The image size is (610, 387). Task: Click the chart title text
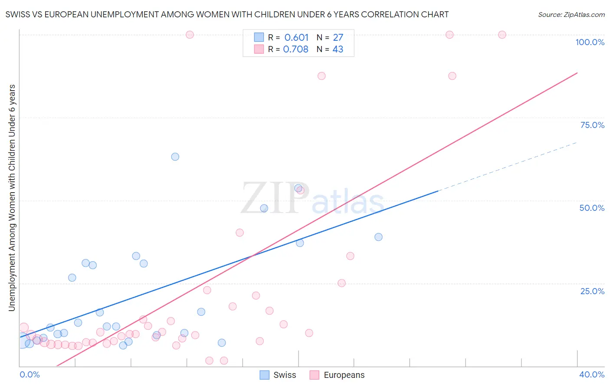click(227, 14)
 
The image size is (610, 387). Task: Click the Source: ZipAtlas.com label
click(571, 14)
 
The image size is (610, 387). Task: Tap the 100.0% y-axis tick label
click(590, 42)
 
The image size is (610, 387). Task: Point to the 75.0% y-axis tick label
click(592, 125)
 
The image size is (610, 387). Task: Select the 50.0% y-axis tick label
click(592, 208)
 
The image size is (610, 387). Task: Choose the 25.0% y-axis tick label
click(592, 291)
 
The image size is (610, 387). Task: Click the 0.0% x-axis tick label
click(30, 374)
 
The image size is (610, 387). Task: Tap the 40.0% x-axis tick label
click(591, 374)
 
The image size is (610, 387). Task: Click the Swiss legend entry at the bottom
click(278, 375)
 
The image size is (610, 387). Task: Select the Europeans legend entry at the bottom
click(337, 375)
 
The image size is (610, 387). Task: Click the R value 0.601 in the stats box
click(296, 38)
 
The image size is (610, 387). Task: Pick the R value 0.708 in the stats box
click(295, 49)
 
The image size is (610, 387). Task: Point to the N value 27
click(338, 38)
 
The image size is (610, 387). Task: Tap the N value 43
click(338, 49)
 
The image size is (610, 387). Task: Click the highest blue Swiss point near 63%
click(175, 157)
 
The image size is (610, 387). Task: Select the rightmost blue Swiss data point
click(379, 237)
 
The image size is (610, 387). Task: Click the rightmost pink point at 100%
click(502, 35)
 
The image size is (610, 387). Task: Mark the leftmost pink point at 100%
click(190, 35)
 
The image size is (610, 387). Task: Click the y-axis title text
click(12, 197)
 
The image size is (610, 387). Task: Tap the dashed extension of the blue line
click(508, 166)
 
